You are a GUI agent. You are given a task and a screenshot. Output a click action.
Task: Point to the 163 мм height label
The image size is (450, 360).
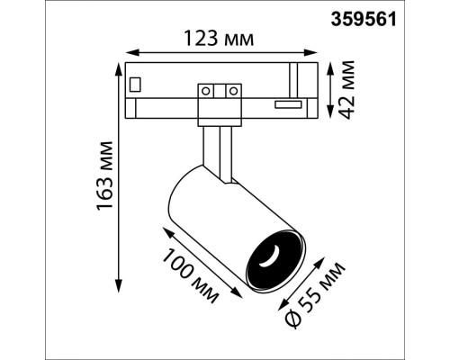(105, 175)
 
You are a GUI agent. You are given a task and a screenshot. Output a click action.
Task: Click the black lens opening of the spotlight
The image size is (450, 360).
(271, 258)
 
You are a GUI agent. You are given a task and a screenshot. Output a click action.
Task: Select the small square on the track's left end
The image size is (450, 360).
(136, 85)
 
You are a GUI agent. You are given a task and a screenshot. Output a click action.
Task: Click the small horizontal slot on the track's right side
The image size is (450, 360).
(287, 105)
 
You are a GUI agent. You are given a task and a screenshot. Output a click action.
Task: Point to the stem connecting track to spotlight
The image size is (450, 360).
(219, 148)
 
